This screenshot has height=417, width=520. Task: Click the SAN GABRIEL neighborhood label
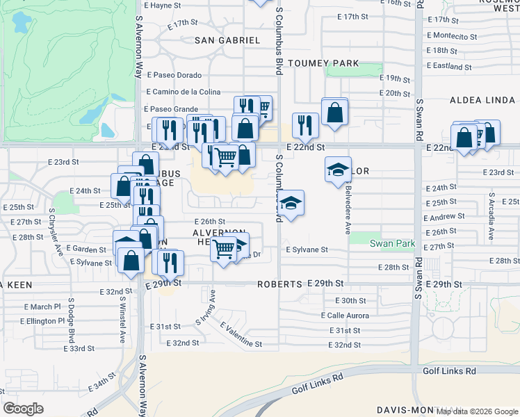click(x=227, y=40)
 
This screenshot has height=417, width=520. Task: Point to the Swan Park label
click(x=392, y=244)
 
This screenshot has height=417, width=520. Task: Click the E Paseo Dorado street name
click(x=174, y=75)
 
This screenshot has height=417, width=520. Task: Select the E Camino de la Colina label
click(x=183, y=92)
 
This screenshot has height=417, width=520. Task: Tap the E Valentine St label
click(x=241, y=334)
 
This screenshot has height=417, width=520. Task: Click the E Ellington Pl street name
click(x=42, y=321)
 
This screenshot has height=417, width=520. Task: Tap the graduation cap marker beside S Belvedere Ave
click(x=338, y=168)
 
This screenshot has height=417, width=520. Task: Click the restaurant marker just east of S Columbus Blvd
click(x=305, y=125)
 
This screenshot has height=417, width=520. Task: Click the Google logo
click(x=23, y=409)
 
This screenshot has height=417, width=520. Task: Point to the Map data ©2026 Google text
click(x=476, y=411)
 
